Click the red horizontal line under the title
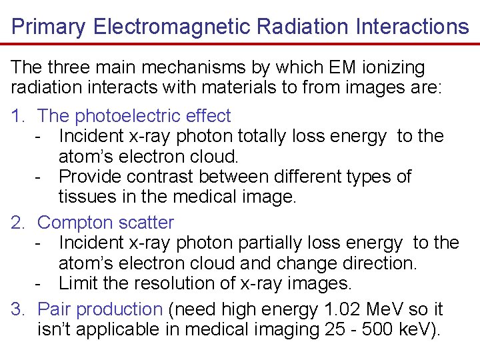coord(240,44)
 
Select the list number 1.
coord(18,116)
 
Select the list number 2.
coord(18,223)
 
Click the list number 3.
coord(18,309)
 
